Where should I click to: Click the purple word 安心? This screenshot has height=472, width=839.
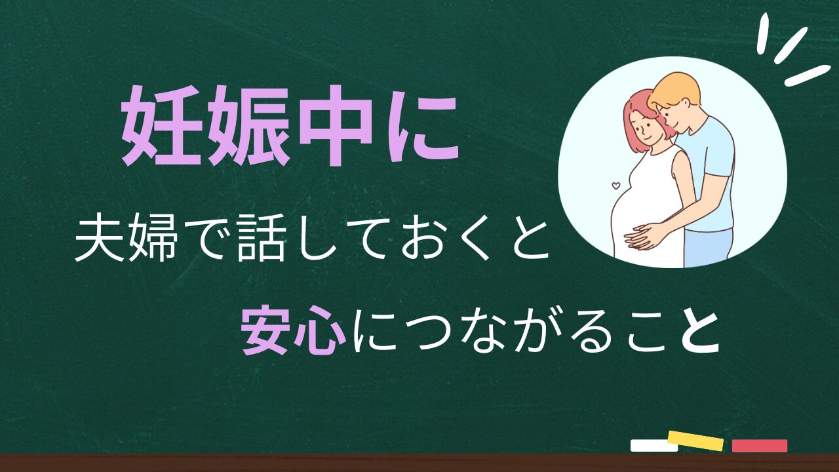click(293, 330)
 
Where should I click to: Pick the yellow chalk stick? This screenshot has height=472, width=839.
click(695, 441)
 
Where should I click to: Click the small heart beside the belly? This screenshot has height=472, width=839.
click(615, 185)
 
